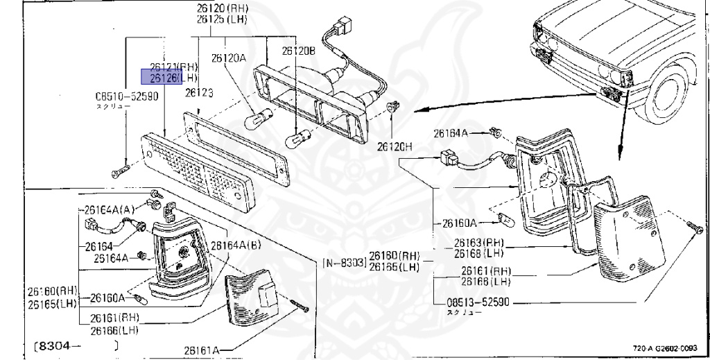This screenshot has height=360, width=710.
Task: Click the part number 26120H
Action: click(395, 147)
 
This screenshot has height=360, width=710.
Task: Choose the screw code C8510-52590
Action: click(127, 97)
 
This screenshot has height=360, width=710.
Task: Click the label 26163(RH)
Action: click(478, 243)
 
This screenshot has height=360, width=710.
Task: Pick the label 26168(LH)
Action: click(478, 252)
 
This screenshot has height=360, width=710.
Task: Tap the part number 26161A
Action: click(202, 350)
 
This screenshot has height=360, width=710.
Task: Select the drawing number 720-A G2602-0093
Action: click(665, 349)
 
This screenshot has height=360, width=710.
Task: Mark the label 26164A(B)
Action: click(236, 245)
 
